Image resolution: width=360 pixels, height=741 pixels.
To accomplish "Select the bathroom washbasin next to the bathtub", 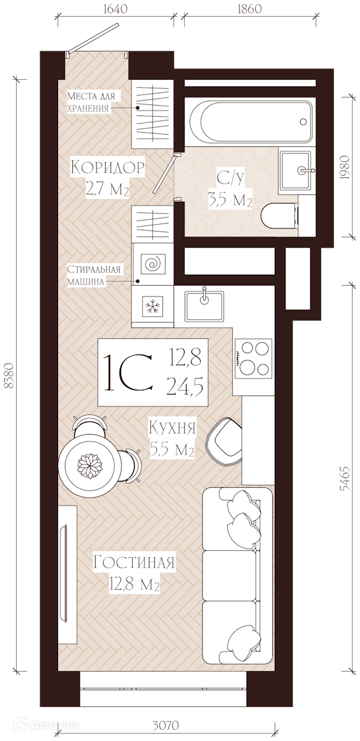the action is [x=295, y=170].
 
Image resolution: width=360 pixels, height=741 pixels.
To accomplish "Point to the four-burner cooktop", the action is [x=253, y=359].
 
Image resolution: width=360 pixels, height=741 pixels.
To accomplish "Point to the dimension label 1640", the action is [x=115, y=9].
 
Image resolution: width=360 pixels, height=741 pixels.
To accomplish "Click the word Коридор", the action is [x=107, y=167].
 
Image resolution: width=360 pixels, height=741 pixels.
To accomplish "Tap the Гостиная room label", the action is [x=133, y=562].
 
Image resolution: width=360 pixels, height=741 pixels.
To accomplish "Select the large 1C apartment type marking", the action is [x=128, y=372].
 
